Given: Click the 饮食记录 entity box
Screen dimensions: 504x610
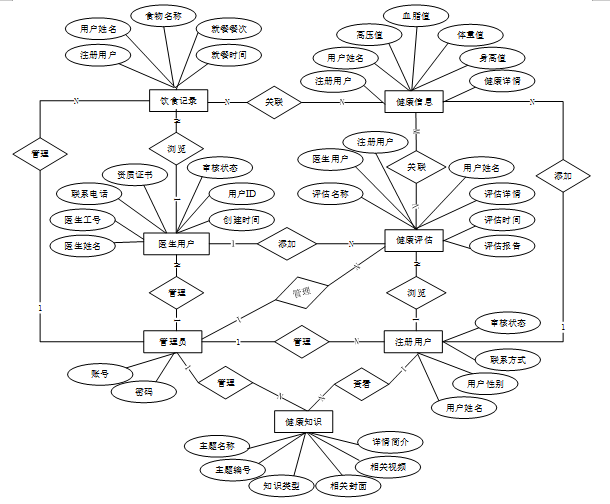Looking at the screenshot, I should coord(178,101).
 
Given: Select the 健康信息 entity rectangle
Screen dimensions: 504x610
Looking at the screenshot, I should coord(413,101).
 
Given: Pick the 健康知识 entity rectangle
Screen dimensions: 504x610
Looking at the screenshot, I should coord(302,421).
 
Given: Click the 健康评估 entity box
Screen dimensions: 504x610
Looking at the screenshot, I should coord(414,241).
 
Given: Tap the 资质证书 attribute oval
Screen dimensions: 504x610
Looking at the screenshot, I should coord(135,174).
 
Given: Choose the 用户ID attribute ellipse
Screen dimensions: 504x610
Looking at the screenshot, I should coord(243,192).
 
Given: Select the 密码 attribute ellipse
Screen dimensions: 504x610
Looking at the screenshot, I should coord(145,393).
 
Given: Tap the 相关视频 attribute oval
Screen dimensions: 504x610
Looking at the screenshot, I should coord(388,467).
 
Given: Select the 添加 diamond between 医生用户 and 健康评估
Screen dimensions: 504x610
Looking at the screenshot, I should coord(287,242).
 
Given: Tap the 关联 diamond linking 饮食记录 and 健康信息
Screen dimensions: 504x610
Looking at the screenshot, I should coord(273,102).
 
